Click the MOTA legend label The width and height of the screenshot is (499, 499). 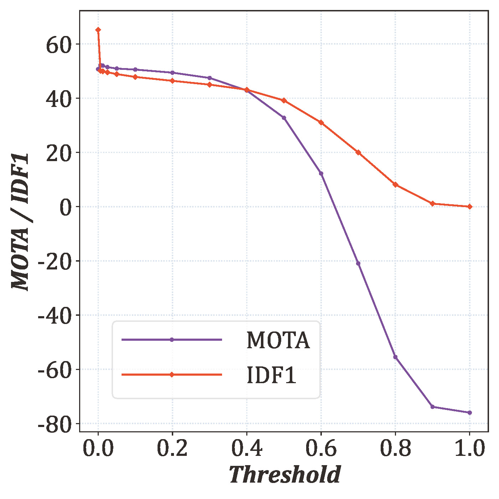(278, 340)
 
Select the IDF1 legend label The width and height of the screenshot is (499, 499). (271, 375)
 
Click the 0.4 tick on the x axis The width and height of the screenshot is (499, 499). (247, 448)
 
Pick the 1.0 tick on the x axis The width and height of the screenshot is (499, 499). (469, 448)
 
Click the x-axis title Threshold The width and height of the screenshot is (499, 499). (284, 475)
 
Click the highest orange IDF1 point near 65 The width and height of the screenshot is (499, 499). (98, 30)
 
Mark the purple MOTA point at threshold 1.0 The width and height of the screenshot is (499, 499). (469, 413)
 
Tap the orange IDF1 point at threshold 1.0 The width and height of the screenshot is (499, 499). (469, 207)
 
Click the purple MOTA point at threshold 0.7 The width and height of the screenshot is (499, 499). (358, 263)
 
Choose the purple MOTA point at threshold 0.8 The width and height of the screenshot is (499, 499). (395, 357)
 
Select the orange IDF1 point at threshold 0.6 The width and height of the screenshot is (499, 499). (321, 123)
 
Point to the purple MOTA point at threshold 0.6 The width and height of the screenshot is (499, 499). (321, 174)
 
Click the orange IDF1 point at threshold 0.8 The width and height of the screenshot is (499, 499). (395, 185)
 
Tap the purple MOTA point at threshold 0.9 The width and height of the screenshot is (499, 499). (432, 407)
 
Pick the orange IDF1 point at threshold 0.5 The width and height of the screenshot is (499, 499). (284, 101)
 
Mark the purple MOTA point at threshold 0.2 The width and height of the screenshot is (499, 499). (173, 73)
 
